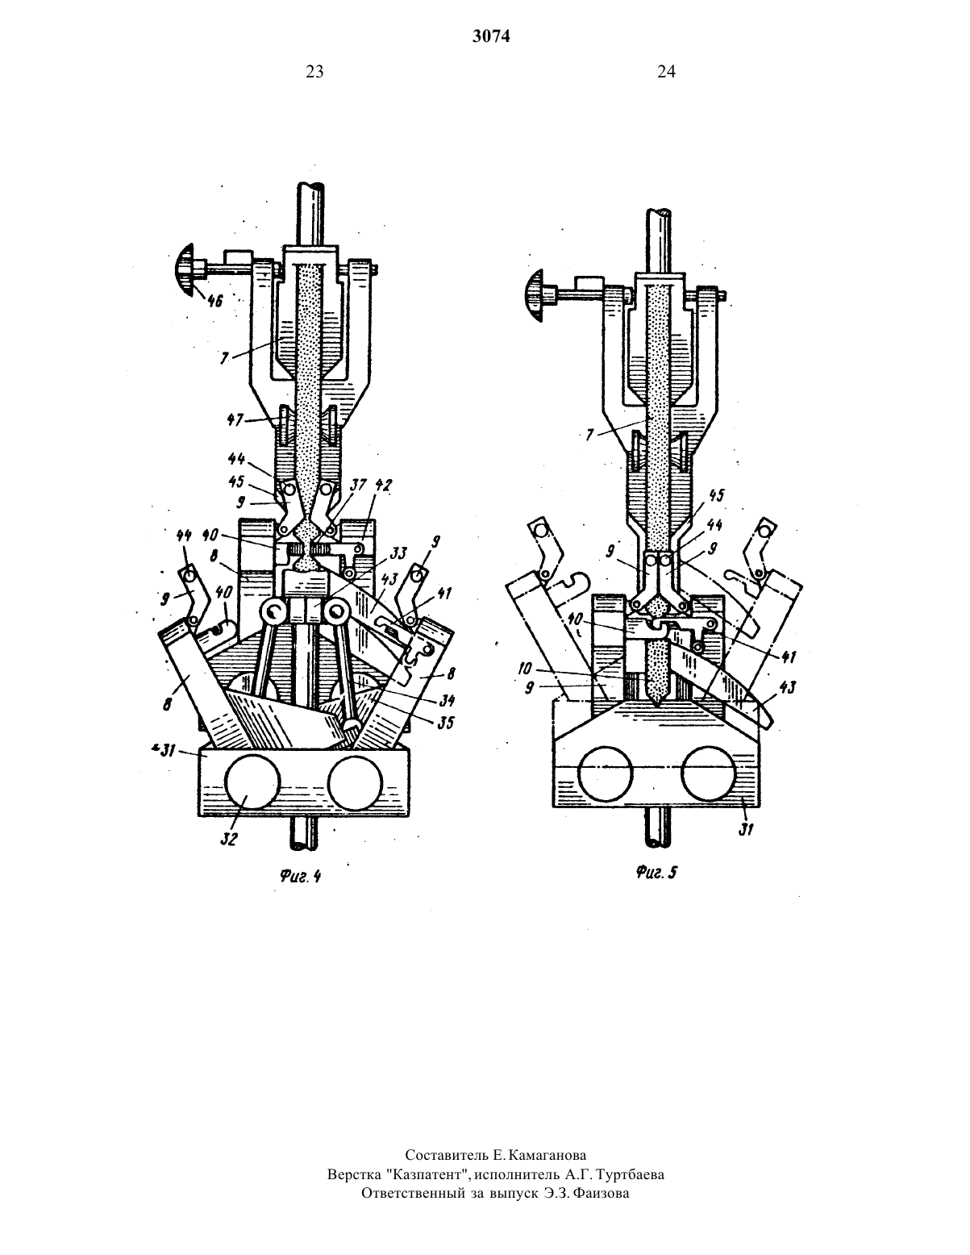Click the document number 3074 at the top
[491, 36]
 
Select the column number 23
[314, 72]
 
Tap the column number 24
[666, 72]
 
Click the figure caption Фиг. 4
[300, 876]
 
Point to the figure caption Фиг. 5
[656, 872]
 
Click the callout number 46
[214, 301]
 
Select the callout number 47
[235, 420]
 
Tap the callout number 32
[229, 839]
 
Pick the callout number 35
[445, 722]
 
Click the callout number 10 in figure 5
[526, 669]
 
